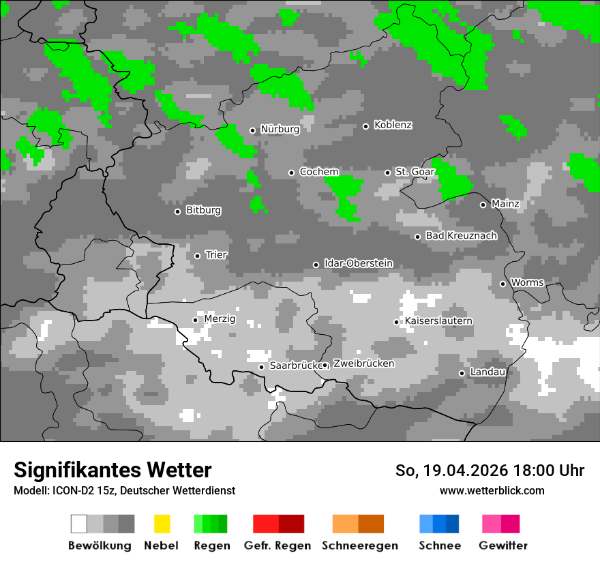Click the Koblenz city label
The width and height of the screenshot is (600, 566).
[x=393, y=125]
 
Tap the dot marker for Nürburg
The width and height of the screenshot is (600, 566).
[x=252, y=130]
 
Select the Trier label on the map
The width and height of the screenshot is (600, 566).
[x=216, y=255]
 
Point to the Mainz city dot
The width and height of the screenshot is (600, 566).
[x=483, y=205]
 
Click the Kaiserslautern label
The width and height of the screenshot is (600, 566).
[x=438, y=321]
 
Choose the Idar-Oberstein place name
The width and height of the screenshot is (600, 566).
[x=359, y=264]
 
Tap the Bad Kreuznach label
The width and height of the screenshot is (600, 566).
[x=461, y=236]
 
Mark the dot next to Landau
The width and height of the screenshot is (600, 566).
[x=462, y=373]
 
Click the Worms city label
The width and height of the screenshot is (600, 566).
[x=527, y=282]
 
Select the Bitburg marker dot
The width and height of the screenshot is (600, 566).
[x=177, y=211]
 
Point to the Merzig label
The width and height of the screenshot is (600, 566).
[x=219, y=318]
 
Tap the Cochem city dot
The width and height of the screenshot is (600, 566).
[x=291, y=173]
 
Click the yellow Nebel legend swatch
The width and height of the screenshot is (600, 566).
[x=162, y=524]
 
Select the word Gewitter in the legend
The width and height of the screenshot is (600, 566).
[x=502, y=546]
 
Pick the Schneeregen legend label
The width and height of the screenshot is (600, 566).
[x=359, y=546]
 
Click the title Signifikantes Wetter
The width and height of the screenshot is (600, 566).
[x=112, y=470]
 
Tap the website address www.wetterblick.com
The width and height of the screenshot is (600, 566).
[x=492, y=490]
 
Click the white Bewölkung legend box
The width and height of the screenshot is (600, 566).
[x=79, y=524]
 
